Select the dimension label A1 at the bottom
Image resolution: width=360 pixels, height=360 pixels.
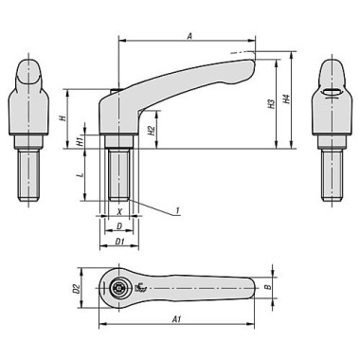click(177, 320)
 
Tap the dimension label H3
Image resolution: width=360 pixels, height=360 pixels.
click(272, 103)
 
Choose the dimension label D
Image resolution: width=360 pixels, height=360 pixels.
click(118, 225)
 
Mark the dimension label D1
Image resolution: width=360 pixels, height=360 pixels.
click(119, 243)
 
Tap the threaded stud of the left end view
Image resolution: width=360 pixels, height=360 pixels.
click(31, 170)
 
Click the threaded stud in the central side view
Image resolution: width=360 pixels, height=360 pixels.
click(119, 174)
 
